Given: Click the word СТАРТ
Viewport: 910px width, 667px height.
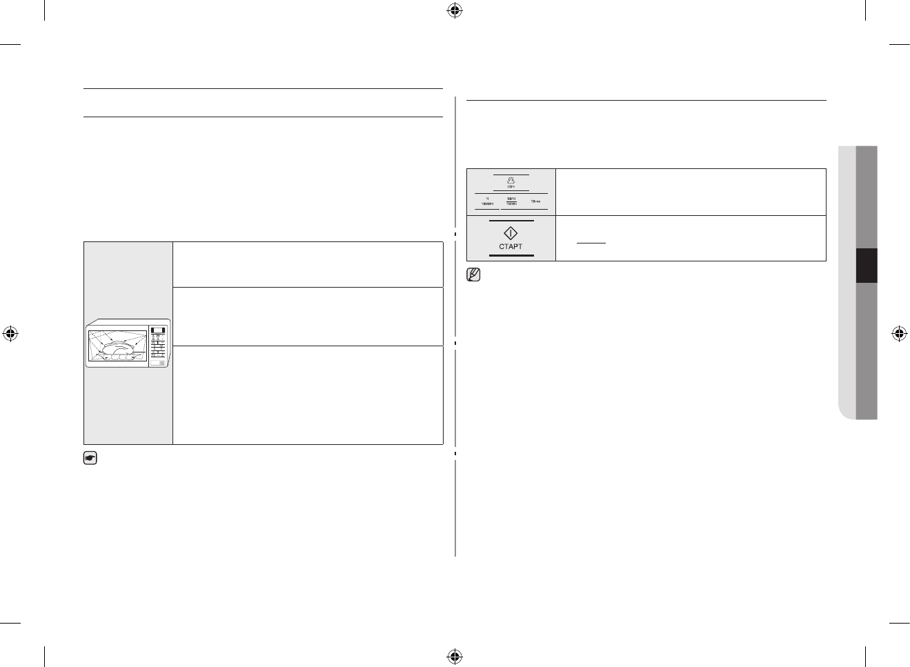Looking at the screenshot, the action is (x=511, y=246).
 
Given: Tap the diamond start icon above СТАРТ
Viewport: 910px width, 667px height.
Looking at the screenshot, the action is (x=511, y=233).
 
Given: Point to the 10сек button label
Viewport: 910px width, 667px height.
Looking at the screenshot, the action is (x=535, y=201).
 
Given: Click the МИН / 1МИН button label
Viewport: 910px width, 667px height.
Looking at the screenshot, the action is (x=511, y=201).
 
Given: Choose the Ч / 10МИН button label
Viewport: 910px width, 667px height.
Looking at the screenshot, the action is (x=486, y=201).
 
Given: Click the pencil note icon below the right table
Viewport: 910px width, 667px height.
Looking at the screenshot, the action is (x=473, y=275).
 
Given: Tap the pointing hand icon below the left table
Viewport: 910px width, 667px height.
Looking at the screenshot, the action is (x=90, y=457).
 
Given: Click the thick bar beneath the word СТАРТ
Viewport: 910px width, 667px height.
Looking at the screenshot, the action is (x=511, y=255).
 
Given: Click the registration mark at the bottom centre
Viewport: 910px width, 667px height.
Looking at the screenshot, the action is (x=454, y=655).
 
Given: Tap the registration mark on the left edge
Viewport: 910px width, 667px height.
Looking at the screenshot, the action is (x=10, y=334).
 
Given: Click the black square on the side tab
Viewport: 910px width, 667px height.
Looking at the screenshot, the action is (x=866, y=266).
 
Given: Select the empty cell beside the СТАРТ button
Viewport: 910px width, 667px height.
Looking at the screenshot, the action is (x=690, y=238).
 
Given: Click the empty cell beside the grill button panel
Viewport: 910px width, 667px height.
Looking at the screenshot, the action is (x=690, y=191).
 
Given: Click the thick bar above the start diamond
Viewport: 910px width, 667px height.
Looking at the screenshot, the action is (x=511, y=221).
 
